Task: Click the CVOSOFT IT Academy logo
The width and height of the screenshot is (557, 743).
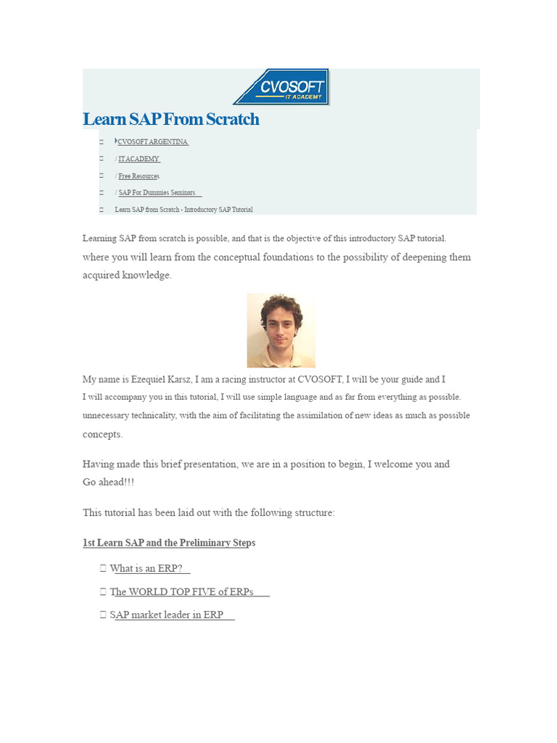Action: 281,87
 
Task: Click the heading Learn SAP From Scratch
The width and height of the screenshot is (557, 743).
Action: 170,119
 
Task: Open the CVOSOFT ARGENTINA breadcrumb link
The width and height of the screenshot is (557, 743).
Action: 152,142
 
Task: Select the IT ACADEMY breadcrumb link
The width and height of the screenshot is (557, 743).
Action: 139,159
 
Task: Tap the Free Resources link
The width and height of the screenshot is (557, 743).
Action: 139,176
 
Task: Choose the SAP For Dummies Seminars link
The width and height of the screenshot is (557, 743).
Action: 160,193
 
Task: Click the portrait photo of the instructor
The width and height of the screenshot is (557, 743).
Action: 281,330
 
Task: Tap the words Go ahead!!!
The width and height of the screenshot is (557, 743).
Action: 108,482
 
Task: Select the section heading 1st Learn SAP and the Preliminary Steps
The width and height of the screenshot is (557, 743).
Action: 168,543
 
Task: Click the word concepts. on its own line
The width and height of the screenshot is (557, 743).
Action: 102,434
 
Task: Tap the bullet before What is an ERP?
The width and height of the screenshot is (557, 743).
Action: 103,568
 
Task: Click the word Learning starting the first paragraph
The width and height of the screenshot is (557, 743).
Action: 102,238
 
